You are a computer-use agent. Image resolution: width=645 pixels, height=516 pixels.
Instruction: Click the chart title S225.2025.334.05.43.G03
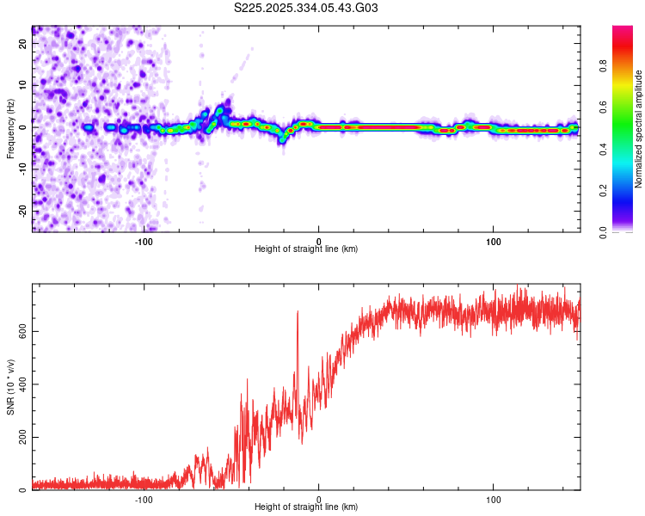click(x=307, y=9)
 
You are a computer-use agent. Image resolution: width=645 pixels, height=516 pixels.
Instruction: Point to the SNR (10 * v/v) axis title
click(x=11, y=387)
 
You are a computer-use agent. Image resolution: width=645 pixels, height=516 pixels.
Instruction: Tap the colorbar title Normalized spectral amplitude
click(x=638, y=129)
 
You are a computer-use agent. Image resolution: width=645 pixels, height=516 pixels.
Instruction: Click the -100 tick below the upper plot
click(x=144, y=241)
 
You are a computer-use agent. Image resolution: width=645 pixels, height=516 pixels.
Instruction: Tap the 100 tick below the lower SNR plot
click(x=494, y=500)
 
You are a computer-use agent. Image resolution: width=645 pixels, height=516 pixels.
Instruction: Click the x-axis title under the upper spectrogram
click(x=306, y=249)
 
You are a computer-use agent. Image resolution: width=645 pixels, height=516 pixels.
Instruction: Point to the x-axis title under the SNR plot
click(x=306, y=508)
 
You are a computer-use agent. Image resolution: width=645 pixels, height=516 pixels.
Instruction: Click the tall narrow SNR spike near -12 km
click(x=298, y=313)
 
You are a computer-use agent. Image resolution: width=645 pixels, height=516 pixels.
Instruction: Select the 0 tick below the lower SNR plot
click(x=319, y=500)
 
